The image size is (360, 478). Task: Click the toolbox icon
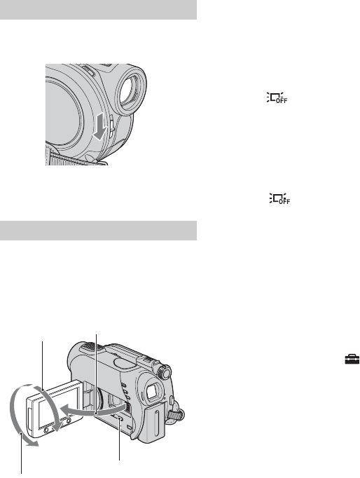pos(352,359)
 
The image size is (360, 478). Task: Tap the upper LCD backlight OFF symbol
pos(277,97)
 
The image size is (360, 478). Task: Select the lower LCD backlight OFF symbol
pos(279,198)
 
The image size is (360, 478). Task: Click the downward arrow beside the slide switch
pos(100,128)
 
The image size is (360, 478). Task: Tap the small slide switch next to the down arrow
pos(111,125)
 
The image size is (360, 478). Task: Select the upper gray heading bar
pos(98,10)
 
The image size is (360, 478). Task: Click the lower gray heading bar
pos(98,231)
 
